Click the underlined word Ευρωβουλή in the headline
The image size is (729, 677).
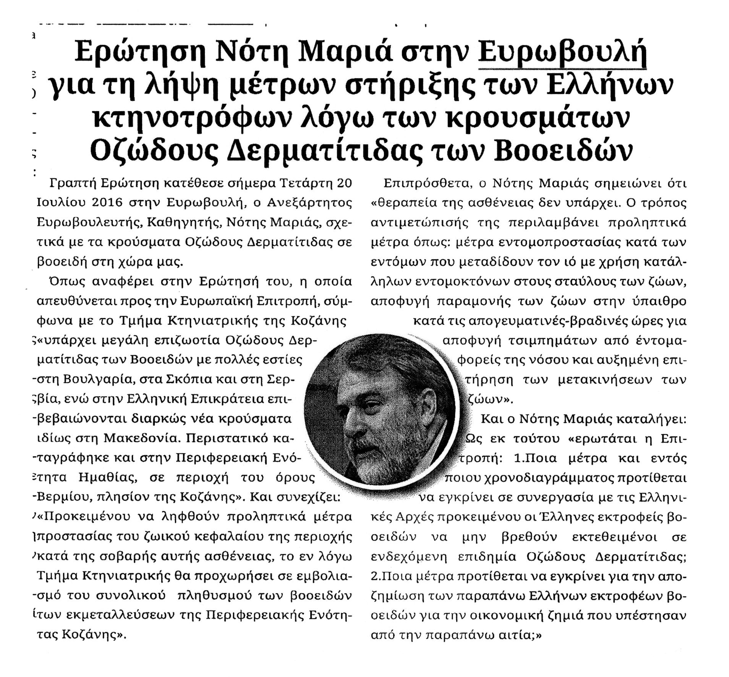point(562,54)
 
